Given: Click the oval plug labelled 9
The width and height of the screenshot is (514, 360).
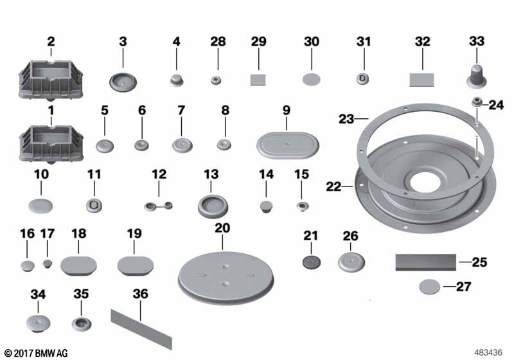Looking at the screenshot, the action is click(x=287, y=145).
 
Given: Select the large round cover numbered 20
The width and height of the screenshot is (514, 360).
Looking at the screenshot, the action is click(x=226, y=277).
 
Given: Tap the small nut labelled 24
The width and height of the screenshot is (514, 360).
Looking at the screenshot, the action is click(x=476, y=102).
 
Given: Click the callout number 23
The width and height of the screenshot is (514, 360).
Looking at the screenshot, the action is click(x=346, y=119).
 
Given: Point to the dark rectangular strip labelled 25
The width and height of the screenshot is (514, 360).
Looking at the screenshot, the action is click(x=425, y=262).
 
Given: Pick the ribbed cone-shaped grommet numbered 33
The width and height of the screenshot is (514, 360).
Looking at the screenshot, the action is click(x=476, y=76).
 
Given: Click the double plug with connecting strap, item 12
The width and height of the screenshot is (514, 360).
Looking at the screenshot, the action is click(x=158, y=206).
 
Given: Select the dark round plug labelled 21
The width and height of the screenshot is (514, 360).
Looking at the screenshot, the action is click(x=311, y=262).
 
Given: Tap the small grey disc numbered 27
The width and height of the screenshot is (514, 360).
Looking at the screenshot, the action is click(x=429, y=287).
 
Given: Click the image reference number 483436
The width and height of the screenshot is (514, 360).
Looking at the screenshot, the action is click(x=488, y=352).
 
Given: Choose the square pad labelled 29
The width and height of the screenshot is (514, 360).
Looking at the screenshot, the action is click(x=258, y=80).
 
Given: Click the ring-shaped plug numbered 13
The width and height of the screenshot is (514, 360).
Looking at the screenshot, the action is click(x=213, y=206).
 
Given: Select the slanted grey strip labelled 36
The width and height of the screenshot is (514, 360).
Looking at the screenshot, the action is click(x=141, y=329).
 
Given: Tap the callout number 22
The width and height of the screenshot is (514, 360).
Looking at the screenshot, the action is click(x=333, y=186).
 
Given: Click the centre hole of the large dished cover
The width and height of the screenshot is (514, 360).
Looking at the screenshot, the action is click(x=425, y=182).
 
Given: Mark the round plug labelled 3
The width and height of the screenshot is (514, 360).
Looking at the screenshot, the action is click(x=123, y=82).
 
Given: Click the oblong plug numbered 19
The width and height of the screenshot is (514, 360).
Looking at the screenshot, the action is click(x=136, y=265).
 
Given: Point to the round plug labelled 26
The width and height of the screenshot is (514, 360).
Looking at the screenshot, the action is click(x=351, y=262).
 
